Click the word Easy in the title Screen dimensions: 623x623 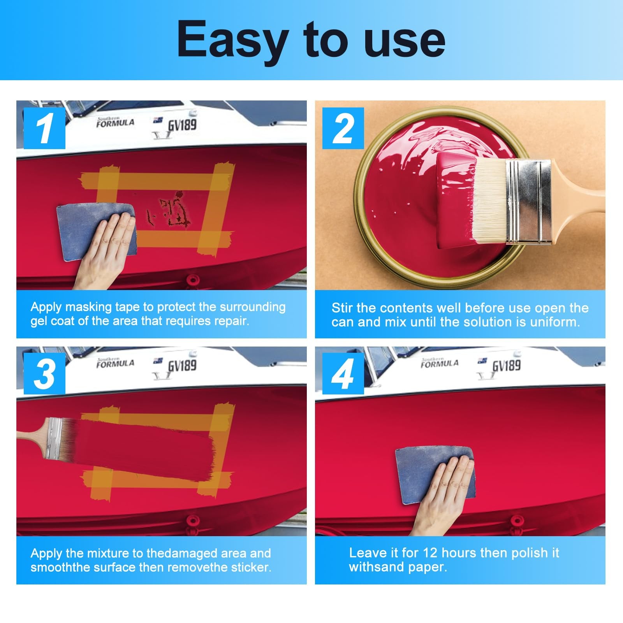coord(232,42)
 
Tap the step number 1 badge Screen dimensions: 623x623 coord(44,128)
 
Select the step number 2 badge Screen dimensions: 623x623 coord(343,128)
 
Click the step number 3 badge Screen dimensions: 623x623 coord(44,374)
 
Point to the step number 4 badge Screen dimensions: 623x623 coord(343,374)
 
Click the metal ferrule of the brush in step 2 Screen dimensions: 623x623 coord(528,202)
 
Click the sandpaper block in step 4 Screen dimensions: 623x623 coord(435,475)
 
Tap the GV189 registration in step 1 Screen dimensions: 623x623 coord(182,125)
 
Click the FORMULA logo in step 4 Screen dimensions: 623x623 coord(440,363)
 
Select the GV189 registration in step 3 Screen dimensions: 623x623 coord(182,366)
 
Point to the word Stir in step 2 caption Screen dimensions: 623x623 coord(342,308)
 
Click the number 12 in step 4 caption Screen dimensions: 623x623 coord(430,553)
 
